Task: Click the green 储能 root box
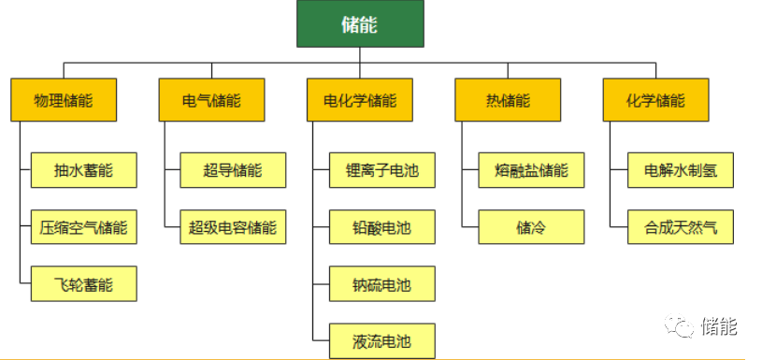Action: click(x=360, y=24)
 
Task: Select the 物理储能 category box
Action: click(x=64, y=100)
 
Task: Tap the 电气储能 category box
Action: click(x=212, y=100)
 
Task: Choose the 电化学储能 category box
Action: click(x=360, y=100)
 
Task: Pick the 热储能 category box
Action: click(x=508, y=100)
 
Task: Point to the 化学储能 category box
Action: click(x=655, y=100)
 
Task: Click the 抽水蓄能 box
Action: click(x=83, y=170)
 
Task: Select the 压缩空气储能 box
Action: click(x=83, y=227)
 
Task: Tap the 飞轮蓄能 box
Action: click(x=83, y=284)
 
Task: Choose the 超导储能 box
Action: click(x=233, y=170)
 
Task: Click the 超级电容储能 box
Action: click(x=233, y=227)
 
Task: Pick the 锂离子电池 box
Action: click(x=383, y=170)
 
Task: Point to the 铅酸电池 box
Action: click(x=383, y=227)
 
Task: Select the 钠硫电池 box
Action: click(x=383, y=284)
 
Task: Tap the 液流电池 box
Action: click(x=383, y=339)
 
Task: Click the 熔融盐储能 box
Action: click(x=531, y=170)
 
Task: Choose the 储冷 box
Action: click(x=531, y=227)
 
